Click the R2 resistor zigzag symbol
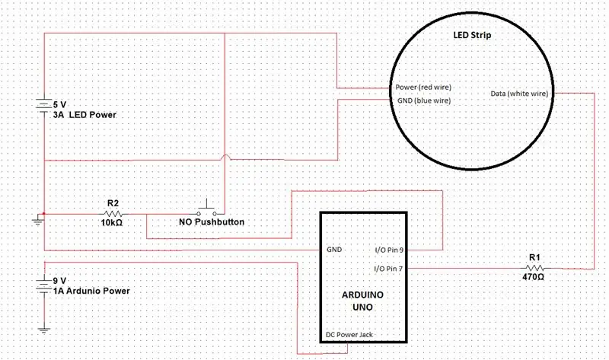pos(113,214)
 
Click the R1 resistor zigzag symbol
pos(535,268)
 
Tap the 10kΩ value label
pos(112,223)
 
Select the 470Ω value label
pos(534,277)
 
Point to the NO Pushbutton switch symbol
pos(206,210)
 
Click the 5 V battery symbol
pos(44,105)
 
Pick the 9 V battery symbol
pos(44,285)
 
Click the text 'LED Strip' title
pos(472,35)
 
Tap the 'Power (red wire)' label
pos(423,88)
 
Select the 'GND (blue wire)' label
pos(424,100)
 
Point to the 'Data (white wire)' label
pos(519,94)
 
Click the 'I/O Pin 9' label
pos(389,250)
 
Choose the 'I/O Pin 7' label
pos(388,269)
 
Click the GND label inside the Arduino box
pos(334,250)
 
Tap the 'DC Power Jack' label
pos(349,334)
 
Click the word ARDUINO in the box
pos(362,295)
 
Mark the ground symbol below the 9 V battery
pos(44,330)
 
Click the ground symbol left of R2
pos(38,220)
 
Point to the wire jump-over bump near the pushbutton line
pos(225,158)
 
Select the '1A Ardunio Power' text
pos(91,291)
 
